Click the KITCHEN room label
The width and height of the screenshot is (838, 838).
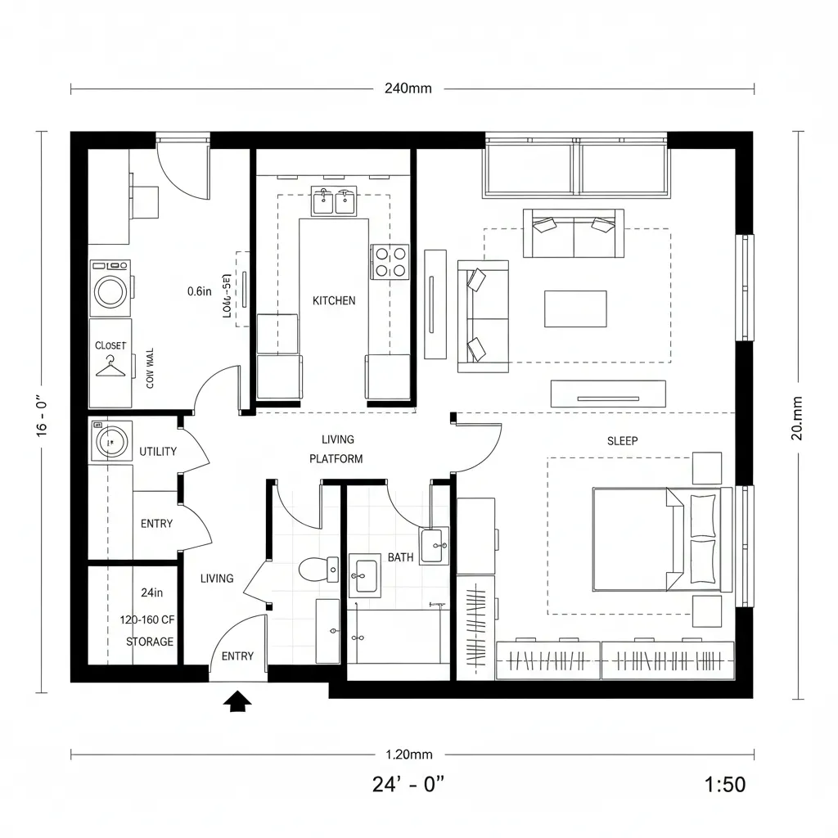pos(334,300)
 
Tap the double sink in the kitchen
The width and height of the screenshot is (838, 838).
pos(334,200)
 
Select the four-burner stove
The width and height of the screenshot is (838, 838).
pos(390,262)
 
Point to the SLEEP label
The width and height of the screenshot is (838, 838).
pos(622,440)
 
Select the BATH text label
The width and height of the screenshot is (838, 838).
pos(400,557)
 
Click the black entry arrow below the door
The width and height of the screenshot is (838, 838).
pos(238,701)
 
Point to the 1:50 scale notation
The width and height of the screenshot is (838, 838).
pos(724,784)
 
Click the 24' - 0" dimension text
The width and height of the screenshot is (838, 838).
pos(408,784)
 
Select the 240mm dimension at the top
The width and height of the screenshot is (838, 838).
pos(408,88)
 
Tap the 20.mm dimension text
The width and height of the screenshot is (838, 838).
pos(798,418)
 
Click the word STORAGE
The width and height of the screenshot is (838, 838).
pos(150,642)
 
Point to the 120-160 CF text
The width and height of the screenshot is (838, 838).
pos(146,619)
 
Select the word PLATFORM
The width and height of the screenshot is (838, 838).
pos(336,459)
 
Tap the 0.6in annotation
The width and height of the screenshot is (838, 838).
pos(200,291)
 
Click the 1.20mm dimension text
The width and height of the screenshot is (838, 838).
pos(408,755)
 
